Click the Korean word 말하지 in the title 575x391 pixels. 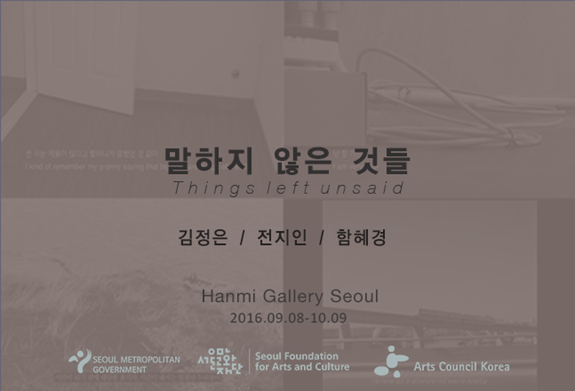click(x=209, y=161)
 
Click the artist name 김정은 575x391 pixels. click(x=203, y=238)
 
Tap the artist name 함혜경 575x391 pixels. click(x=361, y=238)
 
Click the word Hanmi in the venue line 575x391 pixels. click(x=226, y=296)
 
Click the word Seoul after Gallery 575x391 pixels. click(x=354, y=296)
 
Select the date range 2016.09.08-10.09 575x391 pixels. click(x=288, y=318)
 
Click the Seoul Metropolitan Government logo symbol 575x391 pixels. click(x=80, y=361)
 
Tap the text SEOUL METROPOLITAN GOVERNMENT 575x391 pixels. click(x=136, y=364)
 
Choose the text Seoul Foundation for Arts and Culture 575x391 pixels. click(x=302, y=362)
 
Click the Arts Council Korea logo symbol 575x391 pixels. click(x=391, y=362)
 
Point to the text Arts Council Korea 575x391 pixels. click(x=461, y=366)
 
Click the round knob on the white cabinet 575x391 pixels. click(x=235, y=74)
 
